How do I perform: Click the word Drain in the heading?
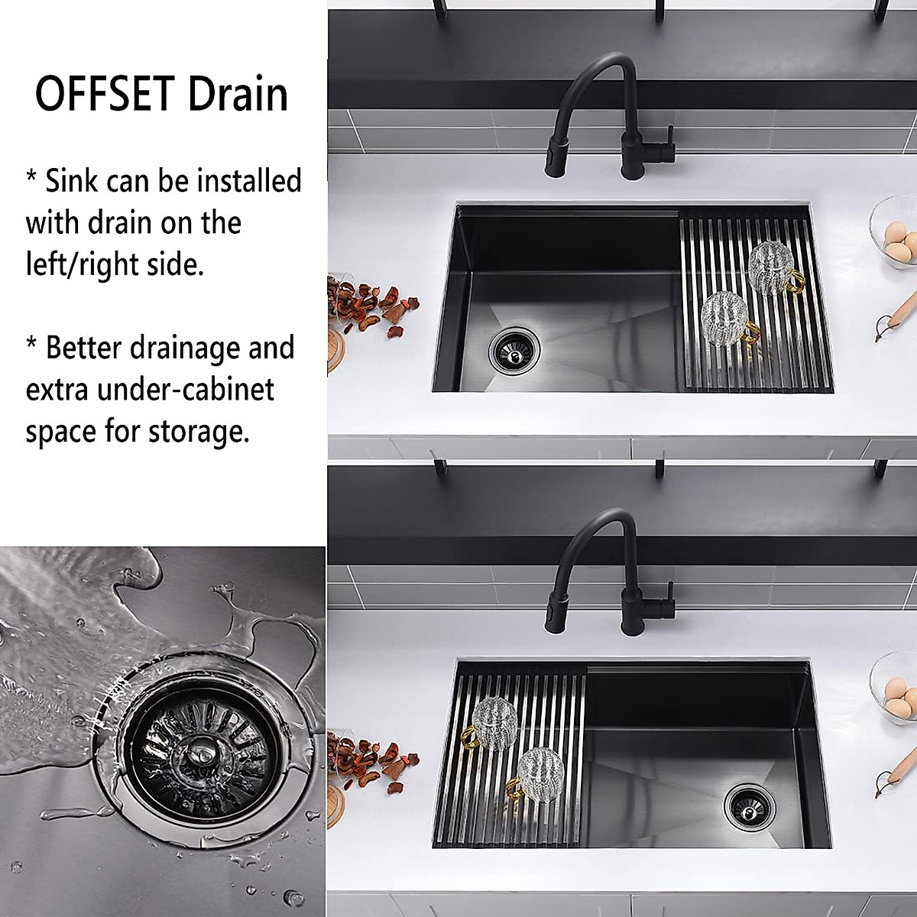238,95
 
